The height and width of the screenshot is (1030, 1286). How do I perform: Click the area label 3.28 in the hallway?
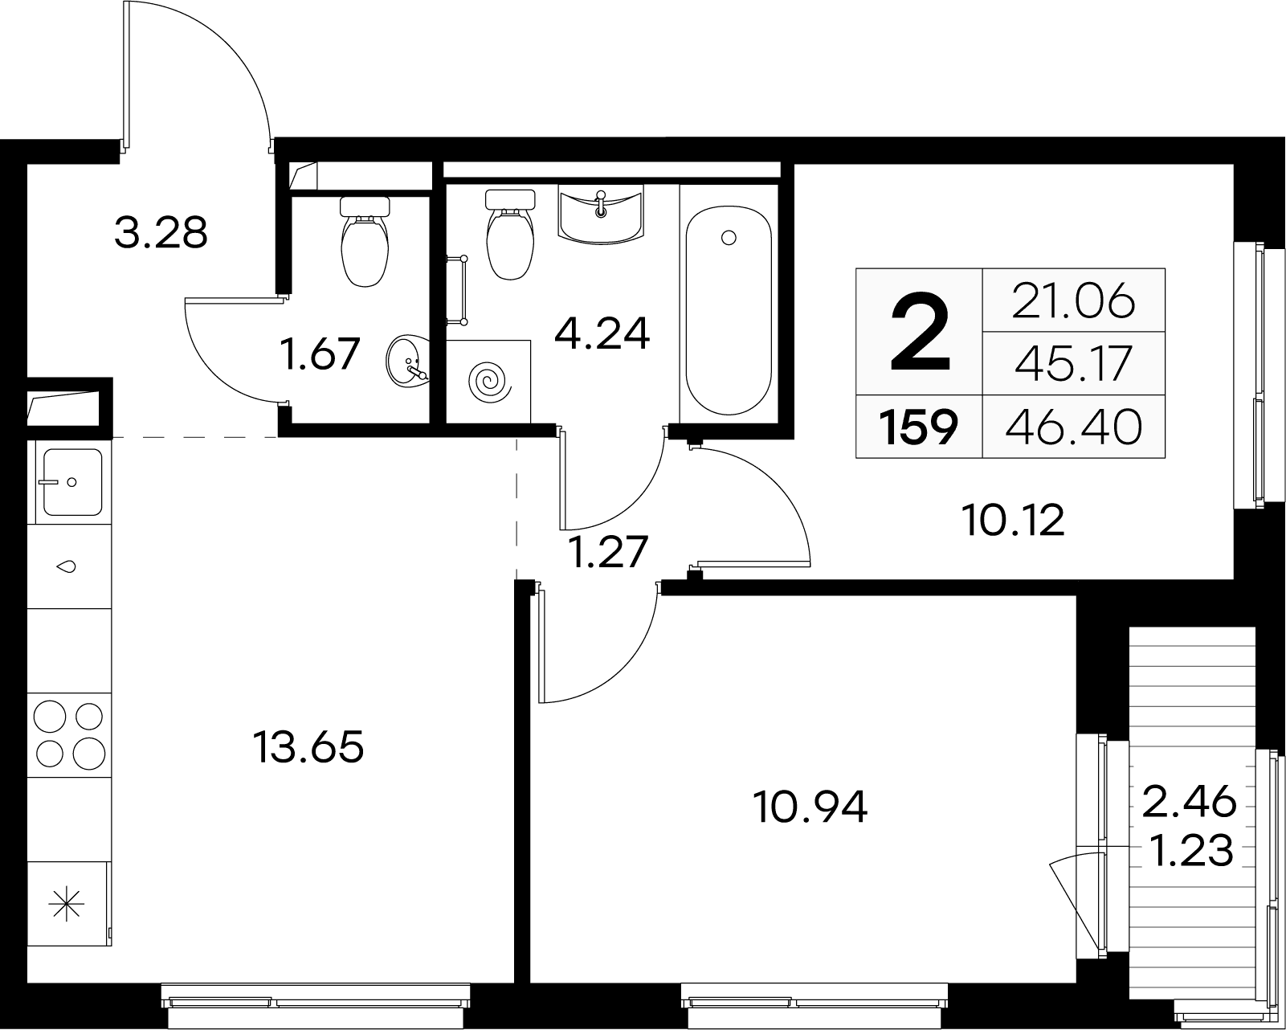(161, 233)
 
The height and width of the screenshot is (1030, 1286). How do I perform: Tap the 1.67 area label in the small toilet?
(320, 354)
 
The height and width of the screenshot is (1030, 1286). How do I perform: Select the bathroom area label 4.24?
(602, 334)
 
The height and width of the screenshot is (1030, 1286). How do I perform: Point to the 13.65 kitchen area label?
(308, 748)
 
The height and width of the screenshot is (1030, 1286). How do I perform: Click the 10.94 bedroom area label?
(810, 807)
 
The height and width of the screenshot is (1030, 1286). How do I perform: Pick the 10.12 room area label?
(1013, 520)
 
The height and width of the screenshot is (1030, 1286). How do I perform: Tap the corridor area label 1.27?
(609, 552)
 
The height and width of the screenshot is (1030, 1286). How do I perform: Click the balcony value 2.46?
(1189, 802)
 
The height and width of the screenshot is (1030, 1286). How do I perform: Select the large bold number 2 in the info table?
(920, 333)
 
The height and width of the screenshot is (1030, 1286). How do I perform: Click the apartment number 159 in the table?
(919, 427)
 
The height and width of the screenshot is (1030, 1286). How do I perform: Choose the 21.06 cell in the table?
(1074, 300)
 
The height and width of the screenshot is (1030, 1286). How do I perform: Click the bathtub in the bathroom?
(729, 310)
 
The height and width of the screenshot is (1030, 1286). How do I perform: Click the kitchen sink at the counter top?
(72, 482)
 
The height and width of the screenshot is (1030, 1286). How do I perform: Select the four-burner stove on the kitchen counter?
(69, 734)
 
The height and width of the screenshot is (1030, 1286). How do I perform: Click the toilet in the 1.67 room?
(365, 241)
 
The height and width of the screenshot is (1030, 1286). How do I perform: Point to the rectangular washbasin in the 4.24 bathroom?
(601, 214)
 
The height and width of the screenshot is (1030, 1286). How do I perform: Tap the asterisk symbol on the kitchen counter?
(67, 903)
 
